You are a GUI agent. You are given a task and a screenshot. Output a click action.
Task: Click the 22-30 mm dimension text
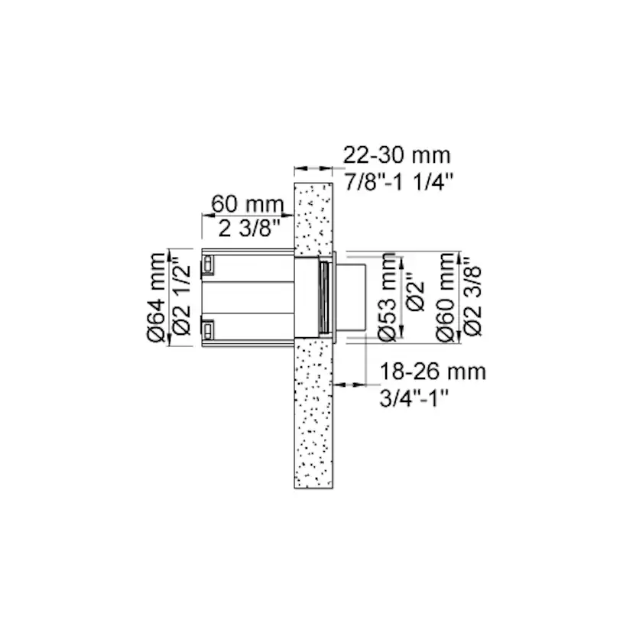coord(397,155)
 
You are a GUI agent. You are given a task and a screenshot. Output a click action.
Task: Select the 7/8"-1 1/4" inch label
coord(399,181)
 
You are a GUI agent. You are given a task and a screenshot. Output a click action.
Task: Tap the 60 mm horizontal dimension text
coord(248,204)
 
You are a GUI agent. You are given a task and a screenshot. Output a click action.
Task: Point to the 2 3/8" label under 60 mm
coord(249,229)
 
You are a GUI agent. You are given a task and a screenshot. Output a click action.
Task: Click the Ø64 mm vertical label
coord(157,297)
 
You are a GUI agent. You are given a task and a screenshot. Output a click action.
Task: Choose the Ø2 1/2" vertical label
coord(182,299)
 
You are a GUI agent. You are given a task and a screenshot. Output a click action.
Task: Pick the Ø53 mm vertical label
coord(388,297)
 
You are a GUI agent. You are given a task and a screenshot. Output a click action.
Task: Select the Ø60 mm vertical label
coord(446,297)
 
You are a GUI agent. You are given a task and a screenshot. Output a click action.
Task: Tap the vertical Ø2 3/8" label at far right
coord(472,300)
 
